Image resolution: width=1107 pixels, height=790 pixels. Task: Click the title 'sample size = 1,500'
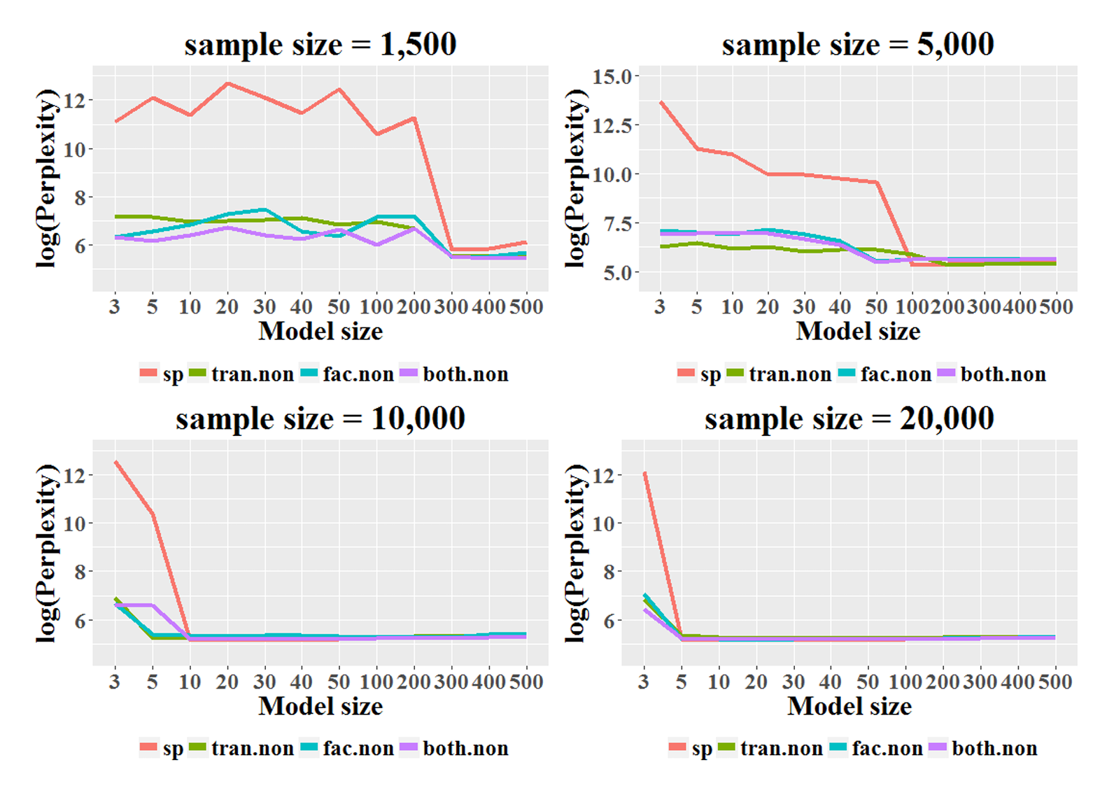tap(320, 45)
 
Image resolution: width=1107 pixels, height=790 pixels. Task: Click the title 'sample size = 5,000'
tap(858, 45)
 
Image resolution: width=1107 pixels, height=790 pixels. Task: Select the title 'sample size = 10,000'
tap(320, 419)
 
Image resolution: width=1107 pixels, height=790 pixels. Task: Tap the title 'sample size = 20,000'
tap(849, 419)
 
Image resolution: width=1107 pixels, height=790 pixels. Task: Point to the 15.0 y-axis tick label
tap(612, 76)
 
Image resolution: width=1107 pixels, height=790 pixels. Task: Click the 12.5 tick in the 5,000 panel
tap(612, 125)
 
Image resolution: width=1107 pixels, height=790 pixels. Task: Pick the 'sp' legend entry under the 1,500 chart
tap(172, 374)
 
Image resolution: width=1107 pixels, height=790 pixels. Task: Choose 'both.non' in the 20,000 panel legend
tap(994, 749)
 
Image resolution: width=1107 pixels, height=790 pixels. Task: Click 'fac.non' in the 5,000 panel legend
tap(896, 374)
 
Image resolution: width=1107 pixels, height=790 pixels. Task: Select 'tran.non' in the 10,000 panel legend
tap(253, 749)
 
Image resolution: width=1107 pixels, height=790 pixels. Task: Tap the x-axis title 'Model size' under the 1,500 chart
tap(320, 331)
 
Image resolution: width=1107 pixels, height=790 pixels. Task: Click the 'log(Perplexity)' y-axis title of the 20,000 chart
tap(577, 553)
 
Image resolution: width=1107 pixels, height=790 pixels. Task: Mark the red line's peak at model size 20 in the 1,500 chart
tap(227, 84)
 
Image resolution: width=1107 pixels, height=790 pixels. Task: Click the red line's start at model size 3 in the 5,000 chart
tap(661, 102)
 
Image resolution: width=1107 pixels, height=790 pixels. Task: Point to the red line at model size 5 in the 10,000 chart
tap(153, 514)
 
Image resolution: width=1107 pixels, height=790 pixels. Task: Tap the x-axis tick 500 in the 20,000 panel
tap(1055, 682)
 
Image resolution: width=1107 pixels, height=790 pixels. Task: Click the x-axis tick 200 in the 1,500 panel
tap(414, 306)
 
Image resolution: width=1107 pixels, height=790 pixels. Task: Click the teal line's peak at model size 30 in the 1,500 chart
tap(264, 209)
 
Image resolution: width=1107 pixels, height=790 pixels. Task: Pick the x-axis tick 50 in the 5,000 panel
tap(876, 306)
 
